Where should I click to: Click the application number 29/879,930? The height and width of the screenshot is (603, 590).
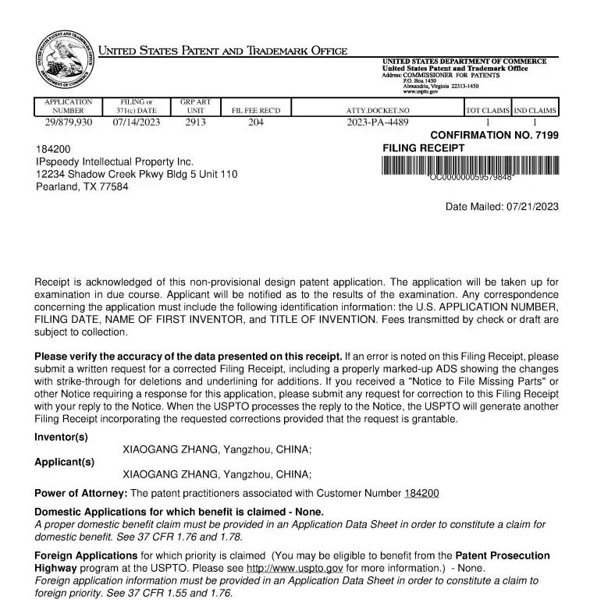68,122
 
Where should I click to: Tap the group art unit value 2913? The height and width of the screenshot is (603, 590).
196,122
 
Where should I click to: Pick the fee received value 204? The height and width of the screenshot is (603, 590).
256,122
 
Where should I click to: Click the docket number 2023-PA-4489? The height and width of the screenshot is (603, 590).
377,122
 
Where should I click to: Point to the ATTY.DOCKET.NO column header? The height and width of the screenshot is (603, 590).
377,111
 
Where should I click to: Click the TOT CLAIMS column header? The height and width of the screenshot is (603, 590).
488,111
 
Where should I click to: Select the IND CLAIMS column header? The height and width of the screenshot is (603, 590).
535,111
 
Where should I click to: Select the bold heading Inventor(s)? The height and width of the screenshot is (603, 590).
61,437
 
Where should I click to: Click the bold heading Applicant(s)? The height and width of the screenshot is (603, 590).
64,461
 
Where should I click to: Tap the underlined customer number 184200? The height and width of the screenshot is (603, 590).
421,493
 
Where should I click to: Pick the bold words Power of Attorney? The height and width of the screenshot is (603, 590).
80,493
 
